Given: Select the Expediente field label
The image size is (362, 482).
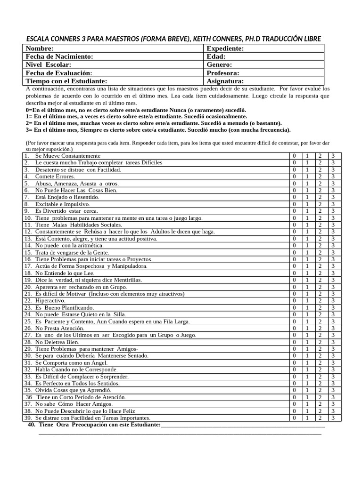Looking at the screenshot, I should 225,48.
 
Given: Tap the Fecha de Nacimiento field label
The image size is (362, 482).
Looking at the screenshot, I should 59,56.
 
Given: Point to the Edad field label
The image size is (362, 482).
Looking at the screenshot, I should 216,56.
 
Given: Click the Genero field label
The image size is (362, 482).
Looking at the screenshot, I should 219,64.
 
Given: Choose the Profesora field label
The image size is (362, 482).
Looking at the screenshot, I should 223,73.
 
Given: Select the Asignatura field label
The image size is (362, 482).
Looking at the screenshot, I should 225,81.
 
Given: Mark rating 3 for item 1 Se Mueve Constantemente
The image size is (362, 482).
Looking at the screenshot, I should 333,156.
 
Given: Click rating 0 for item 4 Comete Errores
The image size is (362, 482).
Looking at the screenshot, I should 294,177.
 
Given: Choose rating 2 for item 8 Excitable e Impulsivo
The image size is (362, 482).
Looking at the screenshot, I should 320,204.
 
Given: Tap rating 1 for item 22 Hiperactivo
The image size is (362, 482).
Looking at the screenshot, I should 307,300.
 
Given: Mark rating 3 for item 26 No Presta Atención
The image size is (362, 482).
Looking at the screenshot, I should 333,328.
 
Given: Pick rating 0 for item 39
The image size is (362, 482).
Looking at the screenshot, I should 294,418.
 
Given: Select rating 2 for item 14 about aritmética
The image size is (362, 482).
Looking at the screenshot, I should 320,245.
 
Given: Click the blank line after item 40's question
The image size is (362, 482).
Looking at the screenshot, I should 243,425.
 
